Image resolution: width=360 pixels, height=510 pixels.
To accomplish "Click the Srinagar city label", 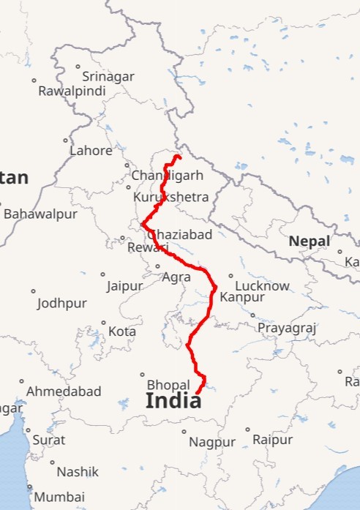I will click(x=108, y=76).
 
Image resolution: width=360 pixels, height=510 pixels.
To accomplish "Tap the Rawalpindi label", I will click(x=72, y=91).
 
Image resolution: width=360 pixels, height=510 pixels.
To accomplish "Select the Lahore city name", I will click(x=91, y=151).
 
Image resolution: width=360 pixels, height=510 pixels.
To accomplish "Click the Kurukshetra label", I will click(x=171, y=197).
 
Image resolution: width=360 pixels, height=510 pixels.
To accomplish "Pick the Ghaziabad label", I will click(x=180, y=234).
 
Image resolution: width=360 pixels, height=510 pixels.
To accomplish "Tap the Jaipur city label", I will click(x=124, y=286).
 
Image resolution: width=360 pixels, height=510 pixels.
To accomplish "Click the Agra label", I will click(x=176, y=277).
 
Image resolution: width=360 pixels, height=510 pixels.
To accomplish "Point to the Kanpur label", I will click(x=241, y=297).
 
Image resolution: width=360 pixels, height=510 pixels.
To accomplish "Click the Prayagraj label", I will click(x=286, y=328).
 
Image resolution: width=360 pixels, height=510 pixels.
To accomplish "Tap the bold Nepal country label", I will click(x=309, y=241).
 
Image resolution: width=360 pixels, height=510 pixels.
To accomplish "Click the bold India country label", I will click(x=173, y=400).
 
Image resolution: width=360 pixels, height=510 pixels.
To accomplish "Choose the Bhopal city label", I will click(x=168, y=384).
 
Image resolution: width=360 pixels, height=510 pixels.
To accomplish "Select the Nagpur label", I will click(x=212, y=442).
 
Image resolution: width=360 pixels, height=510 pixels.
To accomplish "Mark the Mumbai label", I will click(x=59, y=497).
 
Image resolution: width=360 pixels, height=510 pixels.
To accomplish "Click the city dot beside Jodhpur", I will click(x=33, y=291).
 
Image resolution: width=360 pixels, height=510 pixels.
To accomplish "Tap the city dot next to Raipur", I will click(x=247, y=430).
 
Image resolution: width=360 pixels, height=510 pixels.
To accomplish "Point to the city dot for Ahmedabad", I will click(x=21, y=381).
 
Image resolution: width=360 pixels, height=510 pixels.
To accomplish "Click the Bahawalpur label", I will click(x=40, y=214).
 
